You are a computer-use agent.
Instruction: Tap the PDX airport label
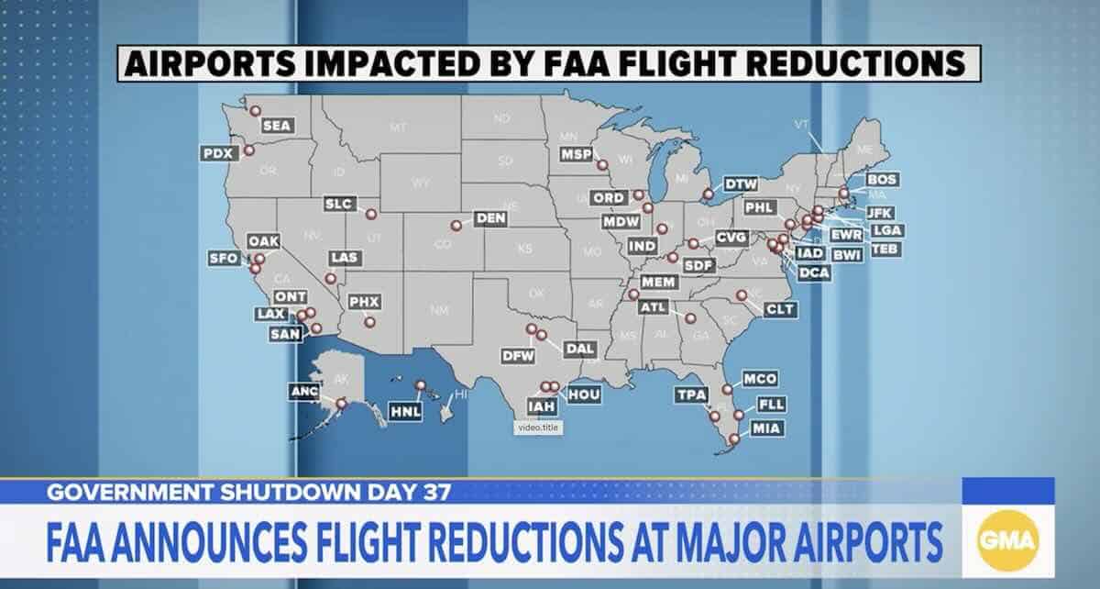coord(219,153)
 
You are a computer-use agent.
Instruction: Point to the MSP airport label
coord(577,153)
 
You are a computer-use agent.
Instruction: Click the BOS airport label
coord(882,179)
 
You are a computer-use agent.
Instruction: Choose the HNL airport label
coord(405,412)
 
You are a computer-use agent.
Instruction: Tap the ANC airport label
coord(303,392)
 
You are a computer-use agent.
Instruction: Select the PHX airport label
coord(364,301)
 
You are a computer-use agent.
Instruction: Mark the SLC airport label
coord(341,204)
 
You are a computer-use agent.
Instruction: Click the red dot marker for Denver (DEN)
coord(456,225)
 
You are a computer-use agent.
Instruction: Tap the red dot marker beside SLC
coord(371,215)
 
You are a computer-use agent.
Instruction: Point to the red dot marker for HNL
coord(421,385)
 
